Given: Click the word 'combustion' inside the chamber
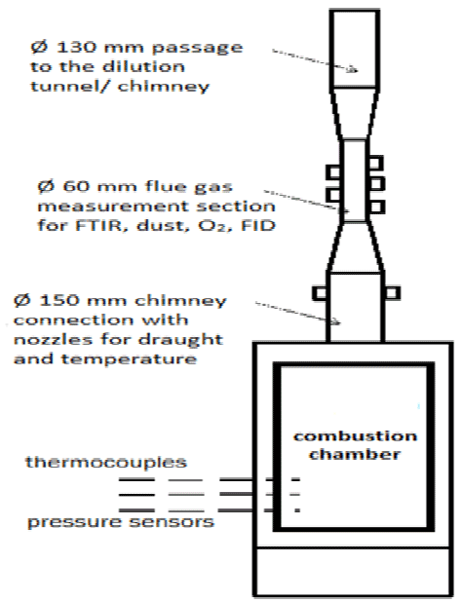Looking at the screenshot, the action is click(355, 436).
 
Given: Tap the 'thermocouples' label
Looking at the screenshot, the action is click(106, 463).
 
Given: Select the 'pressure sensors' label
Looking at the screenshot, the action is click(121, 522).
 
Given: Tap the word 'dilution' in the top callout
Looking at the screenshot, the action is click(143, 66).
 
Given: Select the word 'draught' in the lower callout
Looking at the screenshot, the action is click(180, 340).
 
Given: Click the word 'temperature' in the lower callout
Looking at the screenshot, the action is click(129, 359).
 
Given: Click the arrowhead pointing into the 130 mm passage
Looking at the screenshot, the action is click(353, 69).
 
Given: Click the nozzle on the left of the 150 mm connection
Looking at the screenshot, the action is click(320, 293).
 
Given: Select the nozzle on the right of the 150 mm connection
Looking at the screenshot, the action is click(392, 293).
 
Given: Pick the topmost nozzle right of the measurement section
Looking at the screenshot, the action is click(376, 163).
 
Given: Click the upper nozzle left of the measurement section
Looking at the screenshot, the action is click(333, 171).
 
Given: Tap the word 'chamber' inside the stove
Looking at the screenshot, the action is click(355, 455).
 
